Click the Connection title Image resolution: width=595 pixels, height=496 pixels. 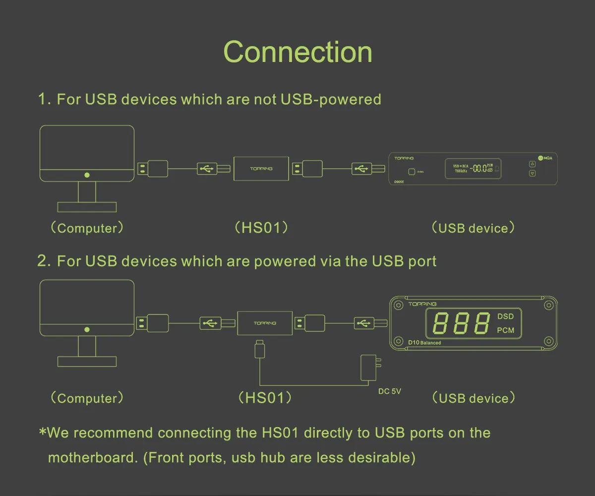coord(297,52)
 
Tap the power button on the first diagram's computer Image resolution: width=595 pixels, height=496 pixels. coord(87,175)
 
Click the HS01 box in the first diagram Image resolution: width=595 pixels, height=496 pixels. coord(261,169)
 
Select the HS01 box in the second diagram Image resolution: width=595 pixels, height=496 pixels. coord(264,323)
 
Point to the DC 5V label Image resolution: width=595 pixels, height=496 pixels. coord(389,391)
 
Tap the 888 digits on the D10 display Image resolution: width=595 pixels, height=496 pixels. coord(461,324)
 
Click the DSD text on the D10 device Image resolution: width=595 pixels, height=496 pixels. coord(505,316)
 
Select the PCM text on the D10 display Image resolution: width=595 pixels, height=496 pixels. coord(505,330)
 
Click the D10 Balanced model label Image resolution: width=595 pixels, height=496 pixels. coord(424,342)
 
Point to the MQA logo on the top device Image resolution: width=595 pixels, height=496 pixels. coord(544,158)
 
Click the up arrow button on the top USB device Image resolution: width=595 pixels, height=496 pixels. coord(533,164)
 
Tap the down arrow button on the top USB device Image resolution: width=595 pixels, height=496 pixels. coord(533,174)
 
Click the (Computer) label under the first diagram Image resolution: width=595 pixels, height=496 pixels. coord(87,228)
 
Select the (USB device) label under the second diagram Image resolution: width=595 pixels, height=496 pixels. coord(474,398)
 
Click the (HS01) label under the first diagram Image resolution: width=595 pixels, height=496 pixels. coord(261,228)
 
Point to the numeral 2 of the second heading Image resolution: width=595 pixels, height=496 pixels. coord(43,261)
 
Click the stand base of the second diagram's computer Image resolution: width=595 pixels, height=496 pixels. coord(87,362)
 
